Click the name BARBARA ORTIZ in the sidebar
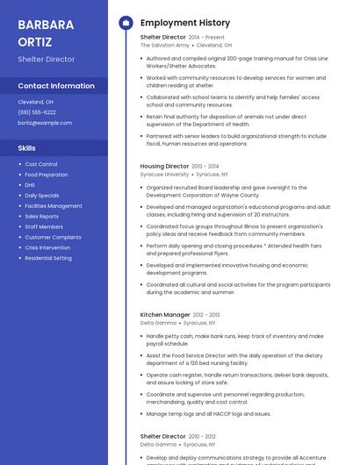pyautogui.click(x=39, y=32)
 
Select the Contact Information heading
pyautogui.click(x=56, y=86)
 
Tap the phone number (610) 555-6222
pyautogui.click(x=37, y=112)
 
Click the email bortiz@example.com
pyautogui.click(x=45, y=123)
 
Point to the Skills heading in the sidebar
pyautogui.click(x=27, y=148)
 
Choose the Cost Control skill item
pyautogui.click(x=41, y=164)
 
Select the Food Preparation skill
pyautogui.click(x=47, y=175)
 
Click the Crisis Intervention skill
pyautogui.click(x=47, y=247)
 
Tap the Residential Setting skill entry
pyautogui.click(x=48, y=258)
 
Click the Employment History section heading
pyautogui.click(x=185, y=23)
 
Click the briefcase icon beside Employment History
pyautogui.click(x=126, y=23)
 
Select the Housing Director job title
pyautogui.click(x=164, y=166)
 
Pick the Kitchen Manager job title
pyautogui.click(x=165, y=314)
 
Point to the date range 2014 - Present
pyautogui.click(x=206, y=38)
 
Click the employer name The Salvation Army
pyautogui.click(x=165, y=46)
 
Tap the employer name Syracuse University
pyautogui.click(x=164, y=175)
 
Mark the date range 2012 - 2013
pyautogui.click(x=206, y=315)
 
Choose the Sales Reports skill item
pyautogui.click(x=42, y=216)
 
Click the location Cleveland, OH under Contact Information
pyautogui.click(x=36, y=102)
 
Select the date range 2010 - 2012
pyautogui.click(x=202, y=436)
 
